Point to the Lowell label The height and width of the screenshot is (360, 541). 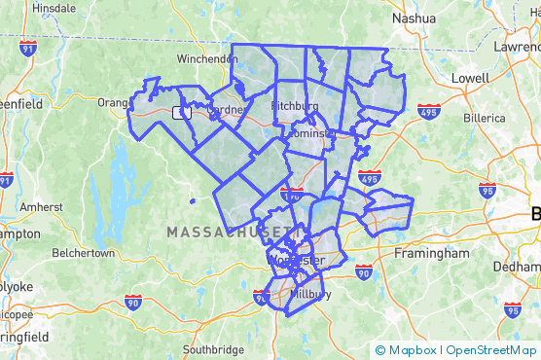click(470, 77)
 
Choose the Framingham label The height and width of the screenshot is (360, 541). click(431, 253)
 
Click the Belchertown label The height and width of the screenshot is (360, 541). click(83, 253)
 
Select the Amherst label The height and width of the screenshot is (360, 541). click(41, 207)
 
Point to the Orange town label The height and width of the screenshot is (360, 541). click(113, 102)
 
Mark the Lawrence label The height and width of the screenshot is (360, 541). click(516, 46)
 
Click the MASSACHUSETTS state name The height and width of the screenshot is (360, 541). click(229, 233)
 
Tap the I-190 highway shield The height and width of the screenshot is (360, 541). click(290, 195)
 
